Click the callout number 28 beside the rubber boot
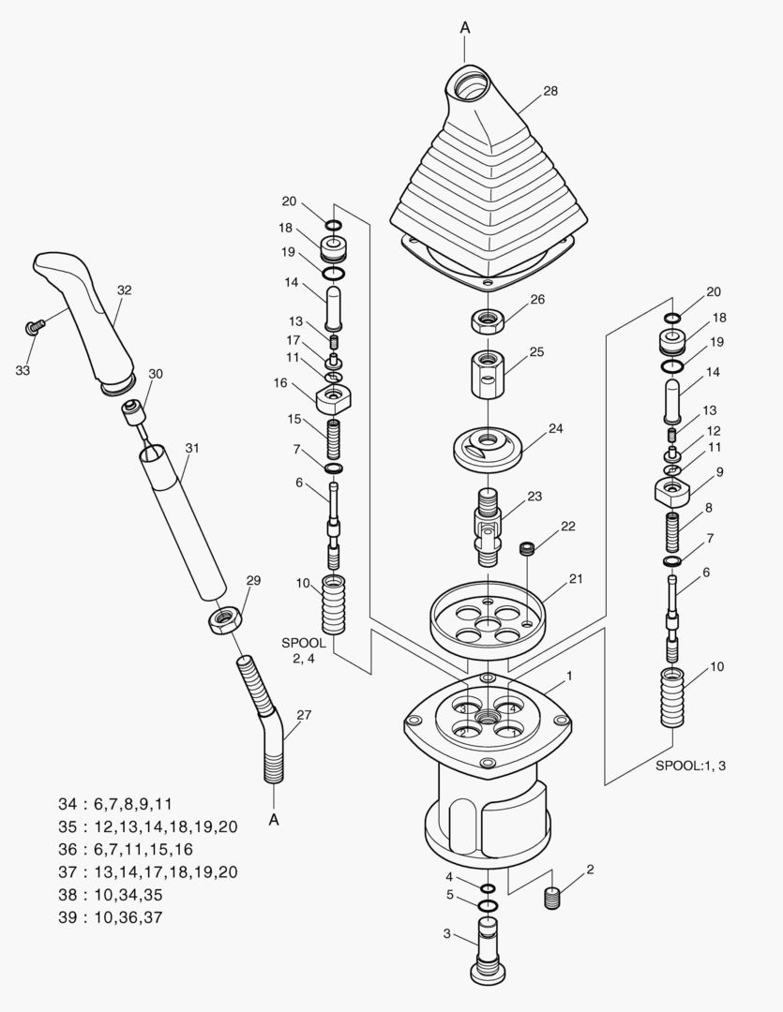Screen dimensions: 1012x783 pos(550,91)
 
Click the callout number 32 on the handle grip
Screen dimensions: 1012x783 pos(124,290)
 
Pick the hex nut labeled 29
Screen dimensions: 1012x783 pos(225,619)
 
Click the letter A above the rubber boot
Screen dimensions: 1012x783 pos(464,28)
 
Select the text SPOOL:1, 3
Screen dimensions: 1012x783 pos(690,766)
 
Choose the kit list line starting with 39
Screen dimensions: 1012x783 pos(110,917)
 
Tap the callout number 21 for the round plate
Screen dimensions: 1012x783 pos(575,578)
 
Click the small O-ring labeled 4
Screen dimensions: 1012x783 pos(488,888)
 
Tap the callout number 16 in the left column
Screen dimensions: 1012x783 pos(280,382)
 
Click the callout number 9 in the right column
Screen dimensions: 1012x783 pos(720,472)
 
